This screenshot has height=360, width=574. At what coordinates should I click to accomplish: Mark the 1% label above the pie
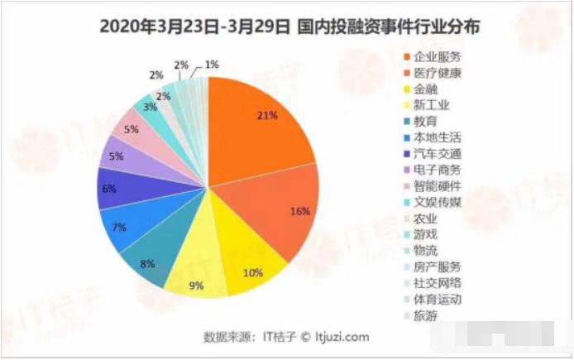pyautogui.click(x=212, y=64)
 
